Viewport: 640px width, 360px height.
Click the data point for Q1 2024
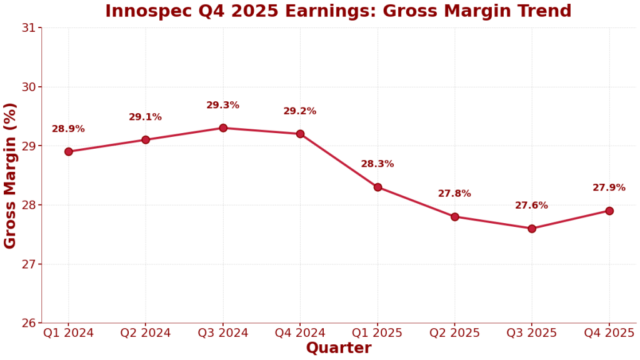[x=69, y=151]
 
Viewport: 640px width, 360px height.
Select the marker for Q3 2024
[x=223, y=128]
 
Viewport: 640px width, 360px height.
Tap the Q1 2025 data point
[x=377, y=187]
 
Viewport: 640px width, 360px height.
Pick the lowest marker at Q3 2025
[x=532, y=229]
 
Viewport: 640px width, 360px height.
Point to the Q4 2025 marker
[x=609, y=211]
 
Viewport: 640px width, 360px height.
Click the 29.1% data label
[x=145, y=117]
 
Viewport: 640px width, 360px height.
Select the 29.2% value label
[x=300, y=111]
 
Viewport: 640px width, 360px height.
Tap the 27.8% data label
[x=454, y=194]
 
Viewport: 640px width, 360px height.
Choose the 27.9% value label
[x=609, y=187]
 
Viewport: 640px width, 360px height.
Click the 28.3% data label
[x=377, y=164]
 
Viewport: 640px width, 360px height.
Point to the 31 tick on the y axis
[x=29, y=27]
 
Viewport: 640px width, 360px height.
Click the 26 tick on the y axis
[x=29, y=323]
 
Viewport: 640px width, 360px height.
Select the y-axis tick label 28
[x=29, y=205]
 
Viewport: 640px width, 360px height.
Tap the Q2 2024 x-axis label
[x=146, y=333]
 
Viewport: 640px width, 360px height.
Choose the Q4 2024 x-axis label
[x=300, y=333]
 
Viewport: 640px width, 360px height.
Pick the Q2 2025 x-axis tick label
[x=454, y=333]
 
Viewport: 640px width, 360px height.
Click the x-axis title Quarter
[x=339, y=349]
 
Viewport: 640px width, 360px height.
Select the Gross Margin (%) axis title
[x=11, y=176]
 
